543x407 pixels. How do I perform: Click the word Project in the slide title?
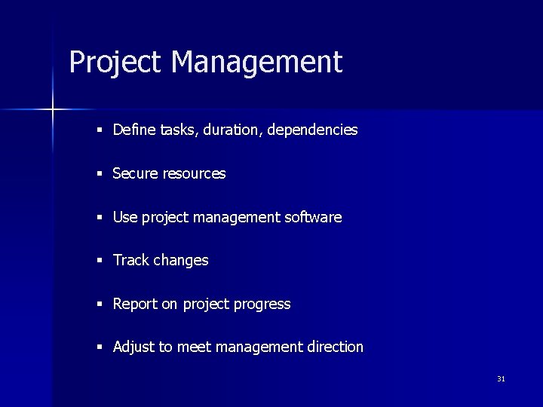(x=115, y=62)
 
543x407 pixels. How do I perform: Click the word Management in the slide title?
(x=256, y=62)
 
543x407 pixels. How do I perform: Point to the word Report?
(x=135, y=304)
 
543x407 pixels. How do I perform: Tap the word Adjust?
(x=133, y=347)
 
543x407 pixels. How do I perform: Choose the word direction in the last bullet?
(x=335, y=347)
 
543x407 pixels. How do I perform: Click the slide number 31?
(x=501, y=379)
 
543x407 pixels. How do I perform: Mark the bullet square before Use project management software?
(x=100, y=218)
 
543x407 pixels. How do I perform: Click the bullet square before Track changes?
(x=100, y=261)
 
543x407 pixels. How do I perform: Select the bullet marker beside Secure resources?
(x=100, y=174)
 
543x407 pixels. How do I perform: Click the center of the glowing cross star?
(x=53, y=110)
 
